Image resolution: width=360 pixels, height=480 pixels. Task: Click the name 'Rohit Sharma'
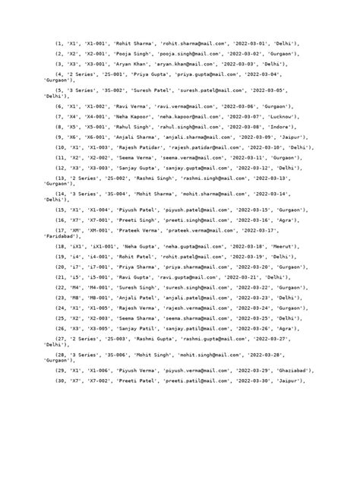[134, 44]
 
